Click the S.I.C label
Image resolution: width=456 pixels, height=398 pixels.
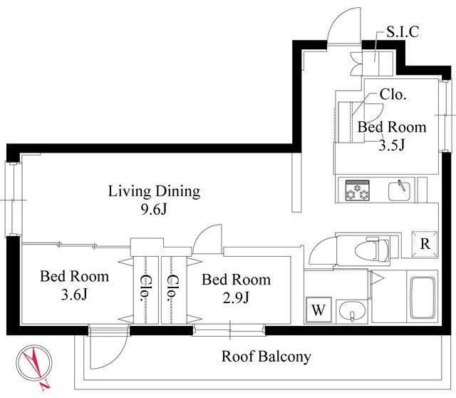point(403,31)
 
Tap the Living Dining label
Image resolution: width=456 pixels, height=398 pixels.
point(155,192)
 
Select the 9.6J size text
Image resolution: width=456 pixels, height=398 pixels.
point(154,209)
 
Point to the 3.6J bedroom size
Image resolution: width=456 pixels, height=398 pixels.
point(74,295)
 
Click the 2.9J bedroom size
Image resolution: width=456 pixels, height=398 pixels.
point(236,297)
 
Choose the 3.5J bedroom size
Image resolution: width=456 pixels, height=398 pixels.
point(391,145)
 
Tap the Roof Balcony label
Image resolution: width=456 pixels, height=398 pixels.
point(266,357)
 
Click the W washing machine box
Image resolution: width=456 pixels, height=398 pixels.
point(318,310)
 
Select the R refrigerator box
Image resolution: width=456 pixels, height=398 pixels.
point(425,244)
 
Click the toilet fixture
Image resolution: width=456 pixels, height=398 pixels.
point(372,250)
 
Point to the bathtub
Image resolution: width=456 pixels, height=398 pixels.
point(423,297)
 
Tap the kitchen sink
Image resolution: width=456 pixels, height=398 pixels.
point(399,190)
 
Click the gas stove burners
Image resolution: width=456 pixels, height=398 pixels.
point(358,190)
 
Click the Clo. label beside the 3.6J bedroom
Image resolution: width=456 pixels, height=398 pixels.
point(145,287)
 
